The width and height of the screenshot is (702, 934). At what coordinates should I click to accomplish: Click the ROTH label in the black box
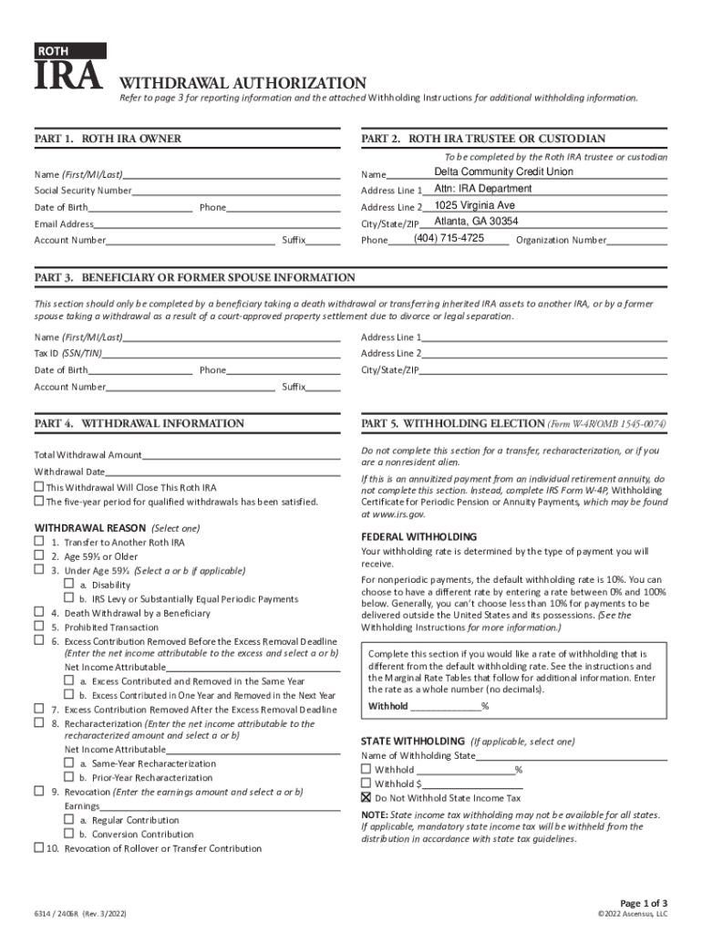point(54,51)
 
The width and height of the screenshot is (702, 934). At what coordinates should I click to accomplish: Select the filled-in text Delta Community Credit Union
point(503,171)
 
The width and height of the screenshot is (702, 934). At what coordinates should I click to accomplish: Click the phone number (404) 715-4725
point(449,238)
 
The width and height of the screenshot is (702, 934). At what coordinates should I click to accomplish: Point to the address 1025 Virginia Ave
point(474,205)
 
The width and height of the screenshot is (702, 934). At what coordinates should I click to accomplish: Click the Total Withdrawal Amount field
point(241,455)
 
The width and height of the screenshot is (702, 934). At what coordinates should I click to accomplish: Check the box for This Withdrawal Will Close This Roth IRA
point(38,487)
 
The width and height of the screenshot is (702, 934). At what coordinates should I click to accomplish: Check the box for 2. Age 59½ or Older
point(39,556)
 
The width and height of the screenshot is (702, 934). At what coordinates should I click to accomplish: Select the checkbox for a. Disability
point(68,584)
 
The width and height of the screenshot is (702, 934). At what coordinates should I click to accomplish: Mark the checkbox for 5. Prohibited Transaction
point(39,627)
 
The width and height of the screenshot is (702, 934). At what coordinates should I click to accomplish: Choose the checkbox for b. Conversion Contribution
point(68,834)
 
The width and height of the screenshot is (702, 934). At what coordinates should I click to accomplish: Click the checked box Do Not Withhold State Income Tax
point(366,797)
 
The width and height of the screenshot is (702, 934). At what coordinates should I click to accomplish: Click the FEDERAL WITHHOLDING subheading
point(418,536)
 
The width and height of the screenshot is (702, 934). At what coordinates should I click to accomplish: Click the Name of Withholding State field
point(572,756)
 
